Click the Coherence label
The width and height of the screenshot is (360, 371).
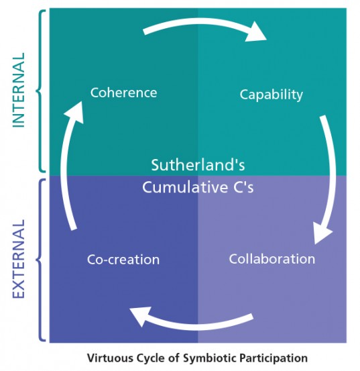[x=123, y=92]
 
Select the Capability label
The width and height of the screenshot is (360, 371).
[x=271, y=94]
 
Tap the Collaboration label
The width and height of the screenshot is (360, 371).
[x=272, y=258]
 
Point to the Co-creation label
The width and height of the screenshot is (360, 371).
[x=123, y=259]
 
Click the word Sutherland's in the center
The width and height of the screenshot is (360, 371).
[x=197, y=165]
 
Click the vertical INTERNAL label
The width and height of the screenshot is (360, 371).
[x=18, y=91]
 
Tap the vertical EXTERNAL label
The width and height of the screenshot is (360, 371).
[x=18, y=258]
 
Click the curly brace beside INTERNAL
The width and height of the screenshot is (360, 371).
[x=40, y=91]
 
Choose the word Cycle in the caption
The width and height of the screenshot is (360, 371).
[x=150, y=358]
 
